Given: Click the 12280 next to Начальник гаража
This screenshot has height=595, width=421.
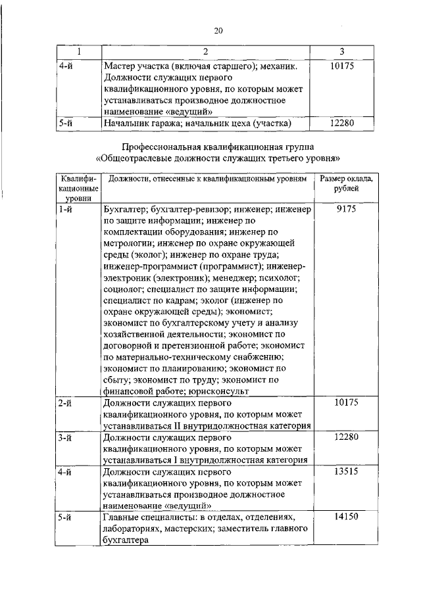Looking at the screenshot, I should pos(345,122).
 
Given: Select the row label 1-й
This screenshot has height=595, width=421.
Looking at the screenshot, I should pos(64,209).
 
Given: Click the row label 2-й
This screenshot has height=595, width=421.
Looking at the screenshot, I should pos(64,402).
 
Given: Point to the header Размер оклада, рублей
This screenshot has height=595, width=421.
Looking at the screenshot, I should pos(346,183).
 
